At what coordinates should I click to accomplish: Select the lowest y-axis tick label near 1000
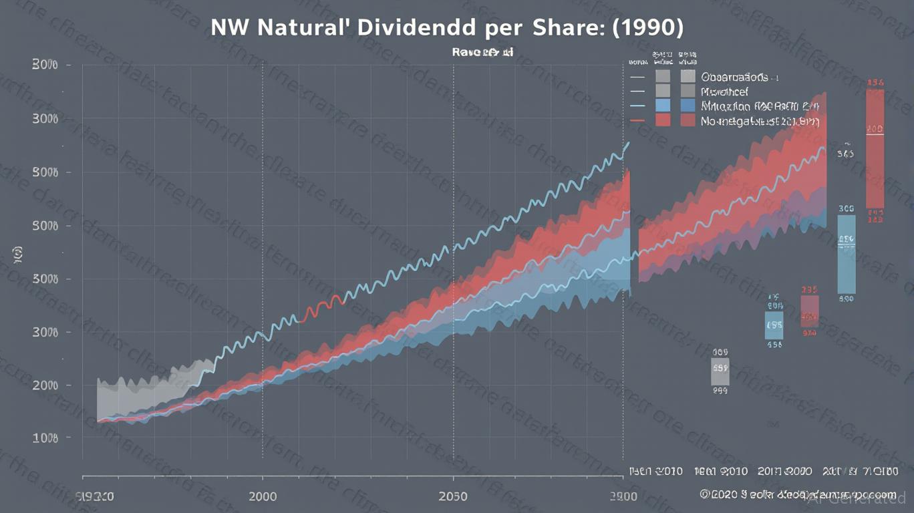pyautogui.click(x=45, y=438)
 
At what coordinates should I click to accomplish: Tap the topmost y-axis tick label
pyautogui.click(x=45, y=65)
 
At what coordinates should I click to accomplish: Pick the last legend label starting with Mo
pyautogui.click(x=759, y=121)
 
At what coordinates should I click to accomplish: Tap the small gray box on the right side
pyautogui.click(x=720, y=371)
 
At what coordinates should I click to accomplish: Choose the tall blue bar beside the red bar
pyautogui.click(x=846, y=254)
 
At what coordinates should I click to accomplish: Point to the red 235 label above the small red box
pyautogui.click(x=809, y=290)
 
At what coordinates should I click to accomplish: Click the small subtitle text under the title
pyautogui.click(x=482, y=51)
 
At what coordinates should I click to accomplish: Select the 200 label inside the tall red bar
pyautogui.click(x=875, y=128)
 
